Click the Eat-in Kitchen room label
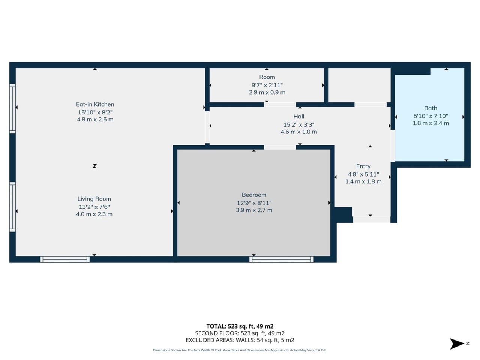click(95, 104)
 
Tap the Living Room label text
click(94, 199)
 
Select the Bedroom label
click(254, 195)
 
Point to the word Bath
click(430, 108)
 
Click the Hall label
click(299, 117)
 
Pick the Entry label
click(363, 166)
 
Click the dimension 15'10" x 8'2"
click(95, 112)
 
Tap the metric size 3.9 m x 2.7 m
click(254, 210)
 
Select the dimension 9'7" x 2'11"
click(267, 85)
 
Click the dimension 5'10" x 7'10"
click(430, 116)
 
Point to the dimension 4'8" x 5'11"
click(363, 174)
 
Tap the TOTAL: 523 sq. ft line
click(240, 326)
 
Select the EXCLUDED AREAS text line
click(240, 340)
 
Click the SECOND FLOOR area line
click(240, 333)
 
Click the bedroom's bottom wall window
click(282, 259)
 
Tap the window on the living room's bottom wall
click(65, 259)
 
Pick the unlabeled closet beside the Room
click(360, 85)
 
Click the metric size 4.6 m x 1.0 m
click(299, 132)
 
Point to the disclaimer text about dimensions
click(240, 350)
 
